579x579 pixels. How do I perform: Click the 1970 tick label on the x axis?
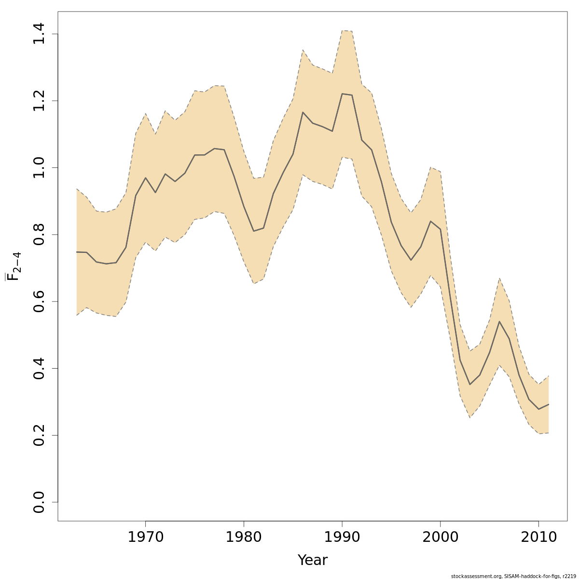(145, 537)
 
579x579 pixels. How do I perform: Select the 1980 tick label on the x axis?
(244, 537)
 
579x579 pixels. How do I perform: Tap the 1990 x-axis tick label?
(342, 537)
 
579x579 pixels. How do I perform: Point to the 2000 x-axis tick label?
(441, 537)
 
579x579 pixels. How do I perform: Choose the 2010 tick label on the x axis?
(538, 537)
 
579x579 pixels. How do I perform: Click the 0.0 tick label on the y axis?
(39, 502)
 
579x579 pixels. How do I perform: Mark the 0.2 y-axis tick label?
(39, 435)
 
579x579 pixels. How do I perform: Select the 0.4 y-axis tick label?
(39, 368)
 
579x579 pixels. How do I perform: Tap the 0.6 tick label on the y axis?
(39, 302)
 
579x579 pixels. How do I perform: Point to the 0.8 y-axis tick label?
(39, 234)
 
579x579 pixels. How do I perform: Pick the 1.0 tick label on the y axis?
(39, 167)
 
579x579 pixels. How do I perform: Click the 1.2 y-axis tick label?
(39, 101)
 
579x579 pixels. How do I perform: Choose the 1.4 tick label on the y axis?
(39, 34)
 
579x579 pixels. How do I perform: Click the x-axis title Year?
(312, 560)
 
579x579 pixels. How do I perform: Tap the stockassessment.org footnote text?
(514, 576)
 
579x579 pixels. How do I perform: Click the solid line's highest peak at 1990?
(342, 94)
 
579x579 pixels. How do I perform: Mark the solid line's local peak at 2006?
(499, 321)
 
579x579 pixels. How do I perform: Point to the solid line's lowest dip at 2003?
(470, 384)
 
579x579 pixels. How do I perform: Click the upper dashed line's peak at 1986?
(303, 50)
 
